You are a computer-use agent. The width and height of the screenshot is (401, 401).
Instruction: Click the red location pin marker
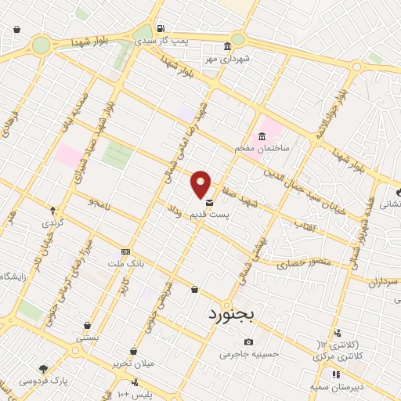click(201, 184)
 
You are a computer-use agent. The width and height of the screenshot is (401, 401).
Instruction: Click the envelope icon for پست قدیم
click(208, 202)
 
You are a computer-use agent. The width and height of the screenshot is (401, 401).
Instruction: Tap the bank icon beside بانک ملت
click(125, 251)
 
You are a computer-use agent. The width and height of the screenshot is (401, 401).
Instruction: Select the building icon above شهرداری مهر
click(227, 45)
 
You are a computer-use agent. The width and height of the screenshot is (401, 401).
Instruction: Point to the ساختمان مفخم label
click(262, 148)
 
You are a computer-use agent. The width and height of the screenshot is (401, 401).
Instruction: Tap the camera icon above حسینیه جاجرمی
click(249, 342)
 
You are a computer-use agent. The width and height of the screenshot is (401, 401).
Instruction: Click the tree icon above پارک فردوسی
click(43, 369)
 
